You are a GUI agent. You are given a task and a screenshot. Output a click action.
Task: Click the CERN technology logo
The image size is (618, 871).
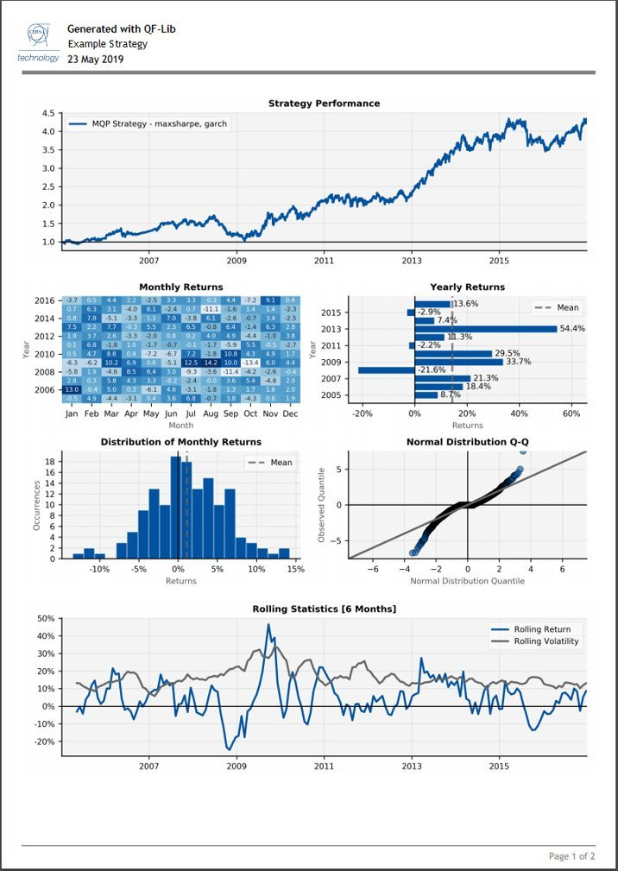click(x=38, y=42)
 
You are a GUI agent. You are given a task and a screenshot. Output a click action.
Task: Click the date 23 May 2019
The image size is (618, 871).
click(x=95, y=60)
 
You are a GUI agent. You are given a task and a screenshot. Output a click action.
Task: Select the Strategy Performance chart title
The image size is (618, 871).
click(x=324, y=104)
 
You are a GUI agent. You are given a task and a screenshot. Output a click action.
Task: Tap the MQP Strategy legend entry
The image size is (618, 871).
click(x=147, y=124)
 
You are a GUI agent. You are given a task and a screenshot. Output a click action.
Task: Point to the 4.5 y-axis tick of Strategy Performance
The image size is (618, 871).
click(x=48, y=114)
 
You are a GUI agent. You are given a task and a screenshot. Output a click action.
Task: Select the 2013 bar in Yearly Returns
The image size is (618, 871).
click(x=486, y=329)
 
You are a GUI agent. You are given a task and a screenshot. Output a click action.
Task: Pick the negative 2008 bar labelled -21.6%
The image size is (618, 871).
click(x=386, y=370)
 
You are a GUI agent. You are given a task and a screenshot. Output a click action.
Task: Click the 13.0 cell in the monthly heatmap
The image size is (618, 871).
click(x=72, y=390)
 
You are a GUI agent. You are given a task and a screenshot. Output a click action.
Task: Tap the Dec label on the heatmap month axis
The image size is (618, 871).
click(x=290, y=414)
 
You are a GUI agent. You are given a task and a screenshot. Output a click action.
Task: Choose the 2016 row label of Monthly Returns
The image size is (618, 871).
click(x=45, y=300)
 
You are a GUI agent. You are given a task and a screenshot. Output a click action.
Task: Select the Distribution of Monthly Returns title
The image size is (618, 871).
click(x=180, y=442)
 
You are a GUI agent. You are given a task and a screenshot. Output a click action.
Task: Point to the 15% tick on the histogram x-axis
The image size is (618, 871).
click(x=295, y=570)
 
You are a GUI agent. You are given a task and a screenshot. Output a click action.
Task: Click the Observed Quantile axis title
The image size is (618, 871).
click(x=321, y=505)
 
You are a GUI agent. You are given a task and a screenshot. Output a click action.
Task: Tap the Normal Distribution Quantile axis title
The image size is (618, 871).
click(x=467, y=581)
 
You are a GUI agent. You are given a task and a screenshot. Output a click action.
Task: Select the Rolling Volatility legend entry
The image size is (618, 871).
click(x=546, y=641)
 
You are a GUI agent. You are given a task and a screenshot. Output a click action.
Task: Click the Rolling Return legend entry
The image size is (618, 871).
click(x=541, y=629)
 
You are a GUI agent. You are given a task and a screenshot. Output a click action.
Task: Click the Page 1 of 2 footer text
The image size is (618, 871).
click(x=571, y=856)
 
